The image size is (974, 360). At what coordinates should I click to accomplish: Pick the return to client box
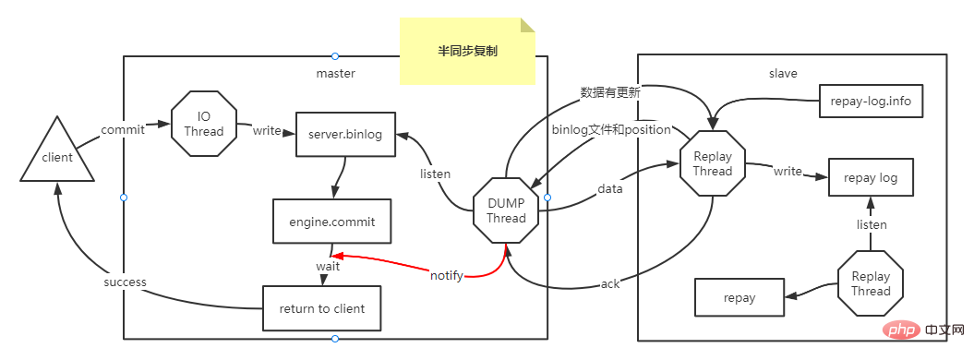(x=321, y=308)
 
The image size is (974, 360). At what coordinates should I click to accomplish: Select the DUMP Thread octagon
(x=506, y=210)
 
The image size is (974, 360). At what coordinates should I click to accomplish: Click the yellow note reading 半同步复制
(x=467, y=53)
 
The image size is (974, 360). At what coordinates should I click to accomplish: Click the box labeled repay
(x=740, y=297)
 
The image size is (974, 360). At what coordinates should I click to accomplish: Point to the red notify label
(x=447, y=275)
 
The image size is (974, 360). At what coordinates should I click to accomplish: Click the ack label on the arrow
(x=610, y=283)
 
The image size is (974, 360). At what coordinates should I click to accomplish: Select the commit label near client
(x=123, y=130)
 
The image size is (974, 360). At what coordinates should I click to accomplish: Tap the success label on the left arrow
(x=125, y=282)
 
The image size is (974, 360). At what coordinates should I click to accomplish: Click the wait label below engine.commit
(x=329, y=266)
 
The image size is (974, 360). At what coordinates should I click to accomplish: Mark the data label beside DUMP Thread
(x=610, y=188)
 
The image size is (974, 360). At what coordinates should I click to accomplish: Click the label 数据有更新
(x=610, y=92)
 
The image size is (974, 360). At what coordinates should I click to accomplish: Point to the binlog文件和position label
(x=610, y=129)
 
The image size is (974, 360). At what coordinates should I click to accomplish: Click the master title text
(x=335, y=73)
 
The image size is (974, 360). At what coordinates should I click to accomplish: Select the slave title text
(x=783, y=73)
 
